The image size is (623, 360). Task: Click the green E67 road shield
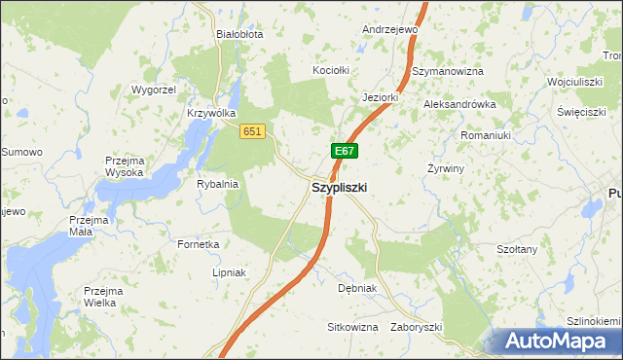pos(344,151)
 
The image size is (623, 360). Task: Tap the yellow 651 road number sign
pos(253,131)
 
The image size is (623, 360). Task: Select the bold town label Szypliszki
pos(339,188)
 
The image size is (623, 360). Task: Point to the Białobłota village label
pos(239,33)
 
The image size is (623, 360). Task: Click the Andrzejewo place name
pos(389,30)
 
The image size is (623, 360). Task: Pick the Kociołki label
pos(330,71)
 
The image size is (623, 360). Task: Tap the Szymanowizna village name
pos(448,72)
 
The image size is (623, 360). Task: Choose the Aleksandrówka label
pos(459,104)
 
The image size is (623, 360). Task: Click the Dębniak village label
pos(356,289)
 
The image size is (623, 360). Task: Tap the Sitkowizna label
pos(352,327)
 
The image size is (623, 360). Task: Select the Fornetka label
pos(198,244)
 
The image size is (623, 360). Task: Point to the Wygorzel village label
pos(153,90)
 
